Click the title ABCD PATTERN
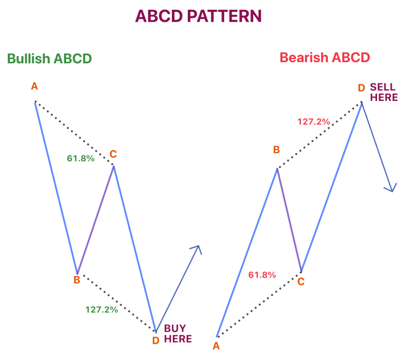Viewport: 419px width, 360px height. [198, 16]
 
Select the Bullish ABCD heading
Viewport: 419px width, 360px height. [49, 58]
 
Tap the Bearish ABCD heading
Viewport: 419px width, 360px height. [325, 57]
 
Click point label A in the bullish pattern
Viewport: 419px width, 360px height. [34, 86]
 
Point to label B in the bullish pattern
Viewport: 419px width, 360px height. [77, 280]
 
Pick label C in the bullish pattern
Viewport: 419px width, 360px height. [113, 154]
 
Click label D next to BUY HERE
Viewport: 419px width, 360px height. [155, 340]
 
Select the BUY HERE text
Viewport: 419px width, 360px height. [178, 333]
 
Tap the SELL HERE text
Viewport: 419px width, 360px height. [384, 92]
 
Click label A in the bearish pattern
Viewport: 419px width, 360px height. [216, 345]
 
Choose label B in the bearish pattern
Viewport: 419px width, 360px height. [277, 149]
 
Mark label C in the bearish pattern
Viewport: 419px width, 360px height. [301, 282]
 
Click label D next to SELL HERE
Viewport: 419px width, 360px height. [361, 87]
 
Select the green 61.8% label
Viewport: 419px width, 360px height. [81, 159]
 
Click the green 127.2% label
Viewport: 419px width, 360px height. [101, 309]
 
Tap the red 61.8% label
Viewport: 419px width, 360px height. [262, 275]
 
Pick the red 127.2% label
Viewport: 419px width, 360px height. [314, 122]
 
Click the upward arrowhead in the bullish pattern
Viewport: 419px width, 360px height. [197, 249]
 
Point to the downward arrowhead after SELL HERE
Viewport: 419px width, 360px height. [391, 188]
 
